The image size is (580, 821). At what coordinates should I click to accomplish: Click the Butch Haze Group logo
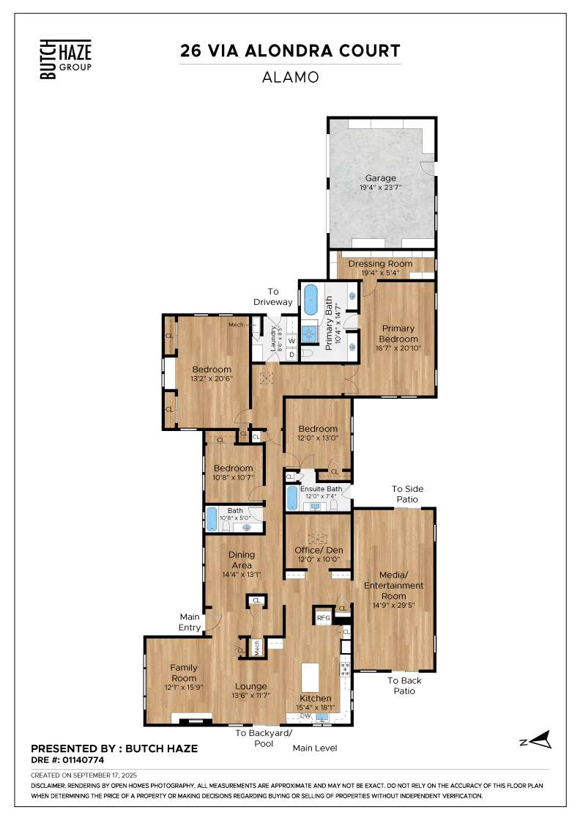click(x=66, y=59)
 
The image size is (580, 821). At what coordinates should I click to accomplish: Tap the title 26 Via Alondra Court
click(x=290, y=51)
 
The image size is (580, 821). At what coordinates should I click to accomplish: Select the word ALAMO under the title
click(x=290, y=78)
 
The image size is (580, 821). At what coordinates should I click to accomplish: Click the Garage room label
click(x=381, y=178)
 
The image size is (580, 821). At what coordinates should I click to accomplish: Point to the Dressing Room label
click(x=380, y=264)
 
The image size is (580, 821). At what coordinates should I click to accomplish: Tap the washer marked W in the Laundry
click(x=291, y=341)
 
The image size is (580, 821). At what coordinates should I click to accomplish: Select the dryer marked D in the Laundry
click(x=291, y=355)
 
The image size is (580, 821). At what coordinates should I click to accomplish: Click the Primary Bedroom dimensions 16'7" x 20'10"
click(x=398, y=348)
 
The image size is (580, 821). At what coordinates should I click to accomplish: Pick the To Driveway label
click(x=273, y=297)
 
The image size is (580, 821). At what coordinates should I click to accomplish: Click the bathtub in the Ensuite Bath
click(x=292, y=498)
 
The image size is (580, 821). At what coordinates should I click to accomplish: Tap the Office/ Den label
click(x=319, y=551)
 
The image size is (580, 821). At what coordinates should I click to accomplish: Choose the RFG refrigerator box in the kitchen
click(x=324, y=618)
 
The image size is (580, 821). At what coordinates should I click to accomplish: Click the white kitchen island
click(x=310, y=677)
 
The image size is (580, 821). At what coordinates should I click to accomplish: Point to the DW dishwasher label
click(x=305, y=715)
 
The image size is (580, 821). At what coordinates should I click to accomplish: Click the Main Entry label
click(x=190, y=622)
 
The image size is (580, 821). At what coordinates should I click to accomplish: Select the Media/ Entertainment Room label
click(x=394, y=586)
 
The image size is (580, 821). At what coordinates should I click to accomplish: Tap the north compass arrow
click(x=540, y=740)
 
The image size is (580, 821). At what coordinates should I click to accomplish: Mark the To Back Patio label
click(x=404, y=686)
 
